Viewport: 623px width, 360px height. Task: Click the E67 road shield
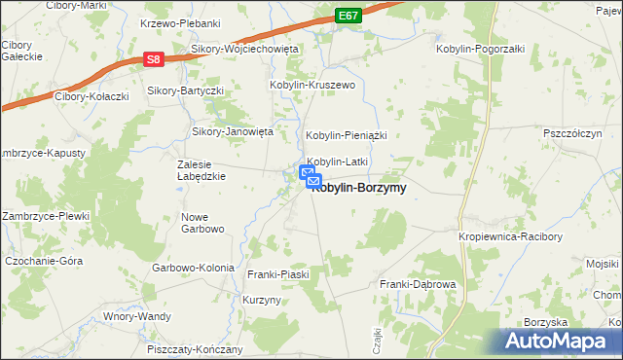tap(350, 17)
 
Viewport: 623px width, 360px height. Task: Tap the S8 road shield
tap(153, 59)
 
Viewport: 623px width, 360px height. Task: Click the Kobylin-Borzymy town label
tap(358, 188)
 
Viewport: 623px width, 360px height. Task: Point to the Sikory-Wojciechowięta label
tap(244, 49)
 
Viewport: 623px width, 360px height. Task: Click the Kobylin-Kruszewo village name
tap(313, 86)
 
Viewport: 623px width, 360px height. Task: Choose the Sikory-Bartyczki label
tap(185, 90)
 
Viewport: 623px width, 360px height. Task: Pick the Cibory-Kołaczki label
tap(93, 95)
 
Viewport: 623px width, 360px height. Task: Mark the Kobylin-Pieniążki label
tap(347, 135)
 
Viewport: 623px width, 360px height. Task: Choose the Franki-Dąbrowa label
tap(418, 284)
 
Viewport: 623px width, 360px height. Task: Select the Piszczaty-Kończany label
tap(194, 349)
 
